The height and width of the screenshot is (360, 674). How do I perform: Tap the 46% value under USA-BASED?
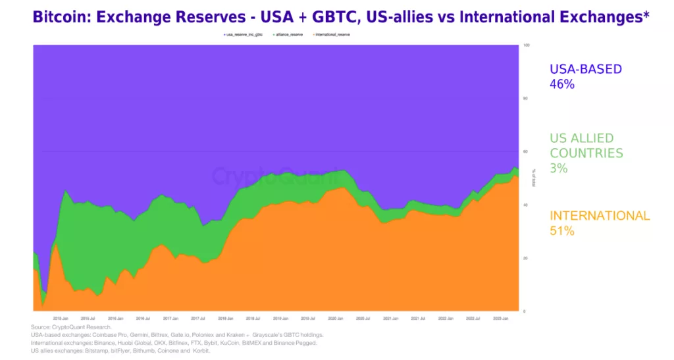click(562, 84)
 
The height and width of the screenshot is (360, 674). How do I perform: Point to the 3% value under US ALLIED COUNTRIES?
click(559, 168)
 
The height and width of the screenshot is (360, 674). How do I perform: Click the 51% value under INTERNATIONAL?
click(562, 231)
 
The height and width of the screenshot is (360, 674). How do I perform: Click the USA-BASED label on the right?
click(586, 69)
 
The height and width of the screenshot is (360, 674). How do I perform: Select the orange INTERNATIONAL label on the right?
click(600, 216)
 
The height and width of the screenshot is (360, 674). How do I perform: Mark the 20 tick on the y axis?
click(525, 258)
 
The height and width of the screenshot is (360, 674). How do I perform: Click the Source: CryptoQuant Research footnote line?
click(71, 327)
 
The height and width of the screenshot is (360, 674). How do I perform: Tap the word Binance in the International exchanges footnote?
click(111, 343)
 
